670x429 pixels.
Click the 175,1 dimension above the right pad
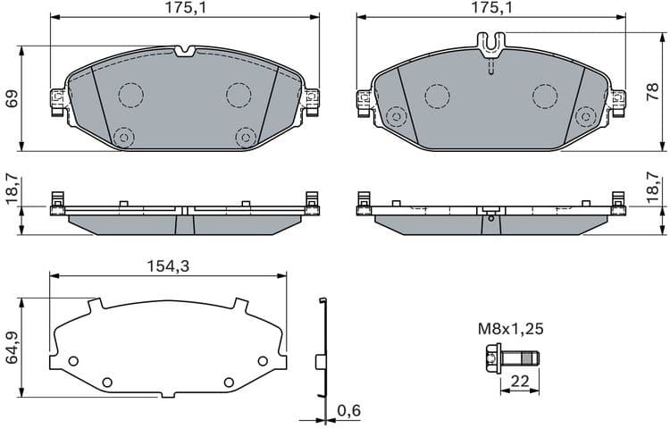(x=491, y=8)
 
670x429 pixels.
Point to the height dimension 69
(x=12, y=98)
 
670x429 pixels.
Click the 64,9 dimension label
(x=12, y=348)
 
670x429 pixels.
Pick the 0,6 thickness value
(x=348, y=411)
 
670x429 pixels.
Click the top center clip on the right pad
(x=490, y=43)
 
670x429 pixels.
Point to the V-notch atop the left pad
(x=185, y=51)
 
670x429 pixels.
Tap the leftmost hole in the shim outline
(x=73, y=361)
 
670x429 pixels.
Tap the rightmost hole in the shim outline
(x=263, y=360)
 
